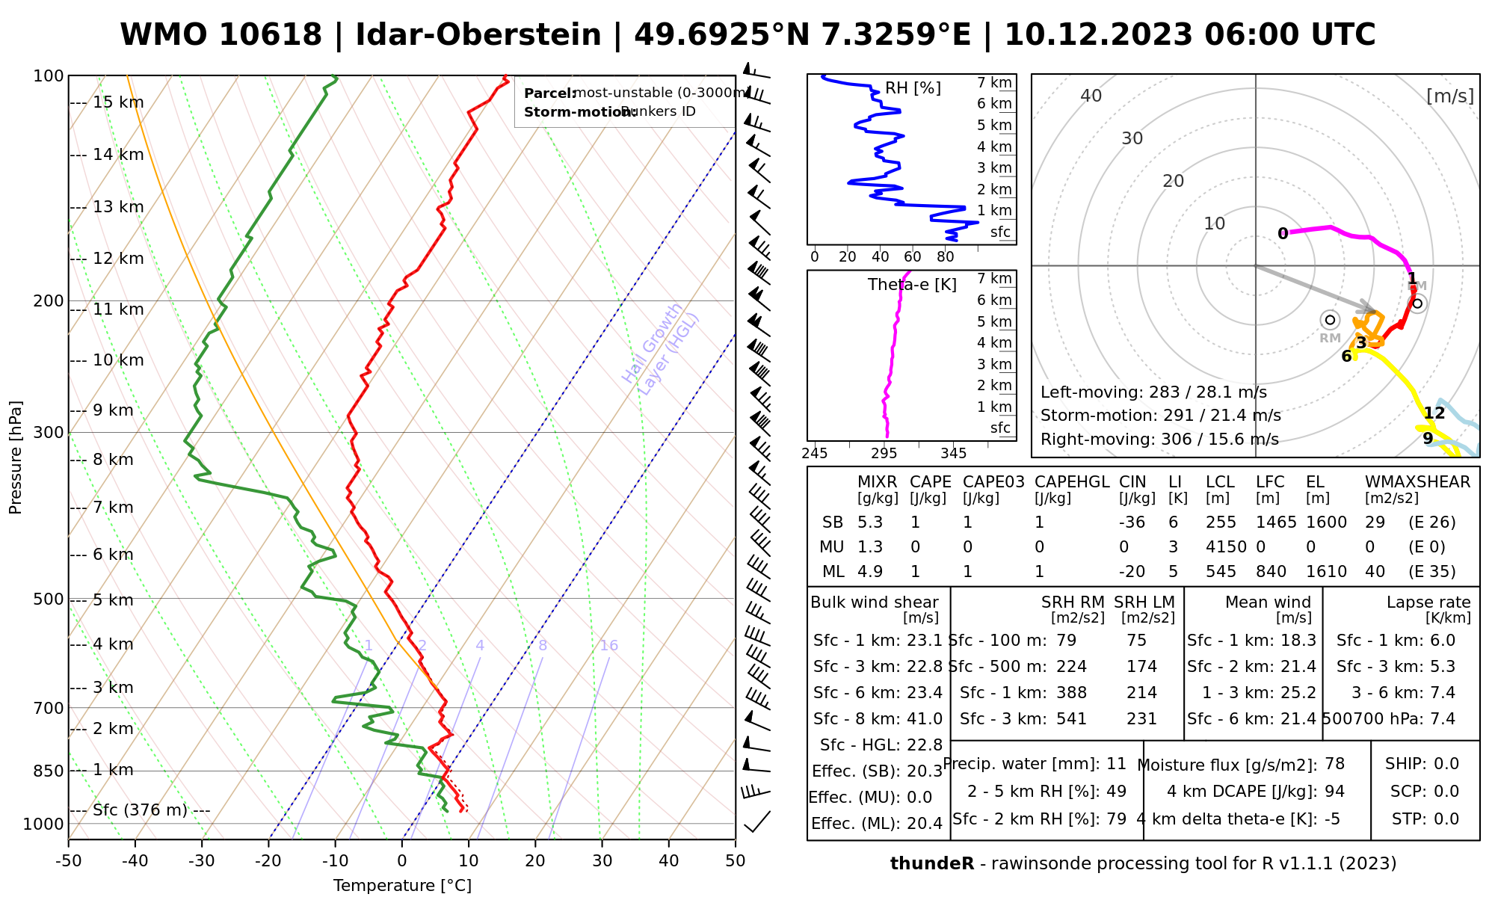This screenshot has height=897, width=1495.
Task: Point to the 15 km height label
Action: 118,102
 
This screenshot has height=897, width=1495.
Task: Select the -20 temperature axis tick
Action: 268,861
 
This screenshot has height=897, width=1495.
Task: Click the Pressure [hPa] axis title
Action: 16,457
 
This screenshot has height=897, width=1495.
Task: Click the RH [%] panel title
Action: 913,88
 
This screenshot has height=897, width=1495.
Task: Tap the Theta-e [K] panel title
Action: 912,285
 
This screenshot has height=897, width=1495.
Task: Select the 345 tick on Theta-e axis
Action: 953,454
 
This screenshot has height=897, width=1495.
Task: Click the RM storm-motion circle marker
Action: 1330,320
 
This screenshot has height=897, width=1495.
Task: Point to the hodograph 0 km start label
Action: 1283,233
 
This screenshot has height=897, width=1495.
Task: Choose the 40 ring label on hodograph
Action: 1091,96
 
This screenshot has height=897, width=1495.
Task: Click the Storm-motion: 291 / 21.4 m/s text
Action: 1161,416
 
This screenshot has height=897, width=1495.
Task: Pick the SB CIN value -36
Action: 1132,523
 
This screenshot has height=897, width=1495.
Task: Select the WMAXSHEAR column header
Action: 1417,482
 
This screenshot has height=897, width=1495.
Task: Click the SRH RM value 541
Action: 1071,719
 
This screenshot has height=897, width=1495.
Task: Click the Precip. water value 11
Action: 1116,764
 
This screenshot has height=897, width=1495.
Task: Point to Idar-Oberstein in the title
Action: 478,35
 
